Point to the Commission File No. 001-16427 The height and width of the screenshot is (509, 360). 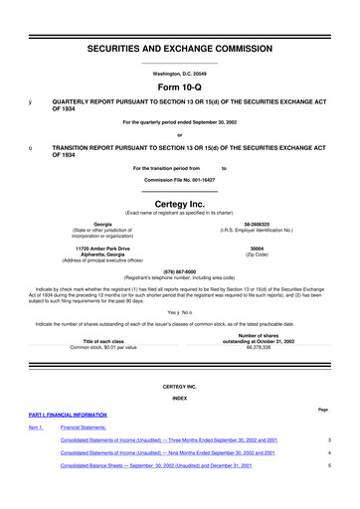pos(180,180)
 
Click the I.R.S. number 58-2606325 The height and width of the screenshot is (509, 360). pos(257,226)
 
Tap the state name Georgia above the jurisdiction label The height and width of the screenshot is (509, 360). pos(102,226)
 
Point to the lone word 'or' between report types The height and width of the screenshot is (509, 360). pos(180,136)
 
